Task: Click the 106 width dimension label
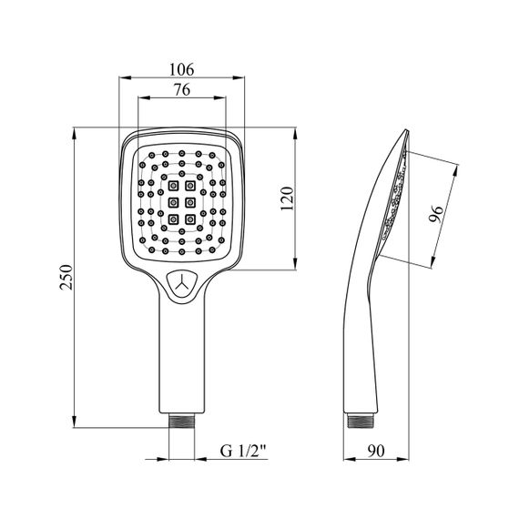point(181,69)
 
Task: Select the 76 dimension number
point(182,90)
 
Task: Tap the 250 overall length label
point(66,277)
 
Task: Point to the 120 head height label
point(287,198)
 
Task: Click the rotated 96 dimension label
point(435,214)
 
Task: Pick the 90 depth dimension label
point(376,451)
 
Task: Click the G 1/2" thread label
point(243,451)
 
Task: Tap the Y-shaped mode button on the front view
point(182,285)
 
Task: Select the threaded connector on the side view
point(361,421)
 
